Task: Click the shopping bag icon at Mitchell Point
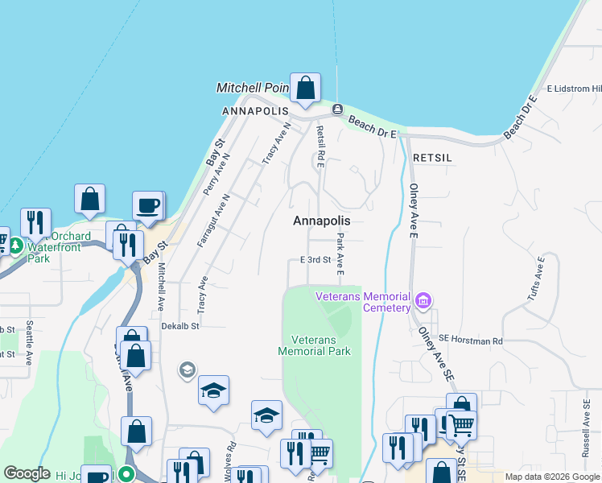[x=306, y=89]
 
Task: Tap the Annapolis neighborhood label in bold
[x=322, y=221]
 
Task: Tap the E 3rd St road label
[x=315, y=260]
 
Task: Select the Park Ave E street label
[x=340, y=253]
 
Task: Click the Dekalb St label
[x=179, y=326]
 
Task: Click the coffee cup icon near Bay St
[x=148, y=206]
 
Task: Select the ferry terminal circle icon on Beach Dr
[x=337, y=109]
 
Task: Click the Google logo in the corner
[x=27, y=473]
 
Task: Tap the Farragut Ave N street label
[x=216, y=220]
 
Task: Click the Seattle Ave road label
[x=29, y=341]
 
